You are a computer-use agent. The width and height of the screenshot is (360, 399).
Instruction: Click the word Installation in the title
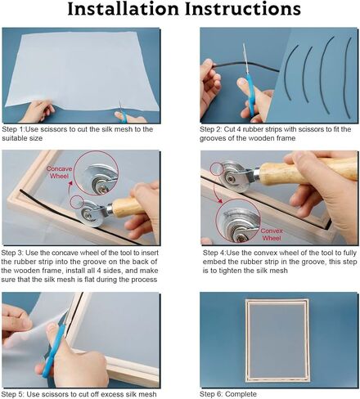pyautogui.click(x=124, y=9)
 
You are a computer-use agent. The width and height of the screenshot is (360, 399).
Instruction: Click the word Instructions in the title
pyautogui.click(x=243, y=9)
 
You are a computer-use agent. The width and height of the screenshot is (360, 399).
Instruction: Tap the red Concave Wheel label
pyautogui.click(x=59, y=173)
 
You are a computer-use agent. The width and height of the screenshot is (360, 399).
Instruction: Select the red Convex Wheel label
pyautogui.click(x=272, y=234)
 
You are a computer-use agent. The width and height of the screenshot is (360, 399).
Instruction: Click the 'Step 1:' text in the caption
pyautogui.click(x=13, y=129)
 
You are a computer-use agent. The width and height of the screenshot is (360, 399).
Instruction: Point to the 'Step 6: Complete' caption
pyautogui.click(x=228, y=394)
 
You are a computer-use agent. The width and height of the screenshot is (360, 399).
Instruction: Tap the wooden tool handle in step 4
pyautogui.click(x=308, y=170)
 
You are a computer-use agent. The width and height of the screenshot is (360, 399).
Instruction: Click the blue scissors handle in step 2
pyautogui.click(x=251, y=92)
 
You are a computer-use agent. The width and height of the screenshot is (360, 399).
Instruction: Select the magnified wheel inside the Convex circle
pyautogui.click(x=238, y=224)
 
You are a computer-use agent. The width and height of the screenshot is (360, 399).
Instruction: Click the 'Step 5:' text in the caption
pyautogui.click(x=13, y=394)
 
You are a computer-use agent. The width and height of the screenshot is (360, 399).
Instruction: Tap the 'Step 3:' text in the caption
pyautogui.click(x=12, y=253)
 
